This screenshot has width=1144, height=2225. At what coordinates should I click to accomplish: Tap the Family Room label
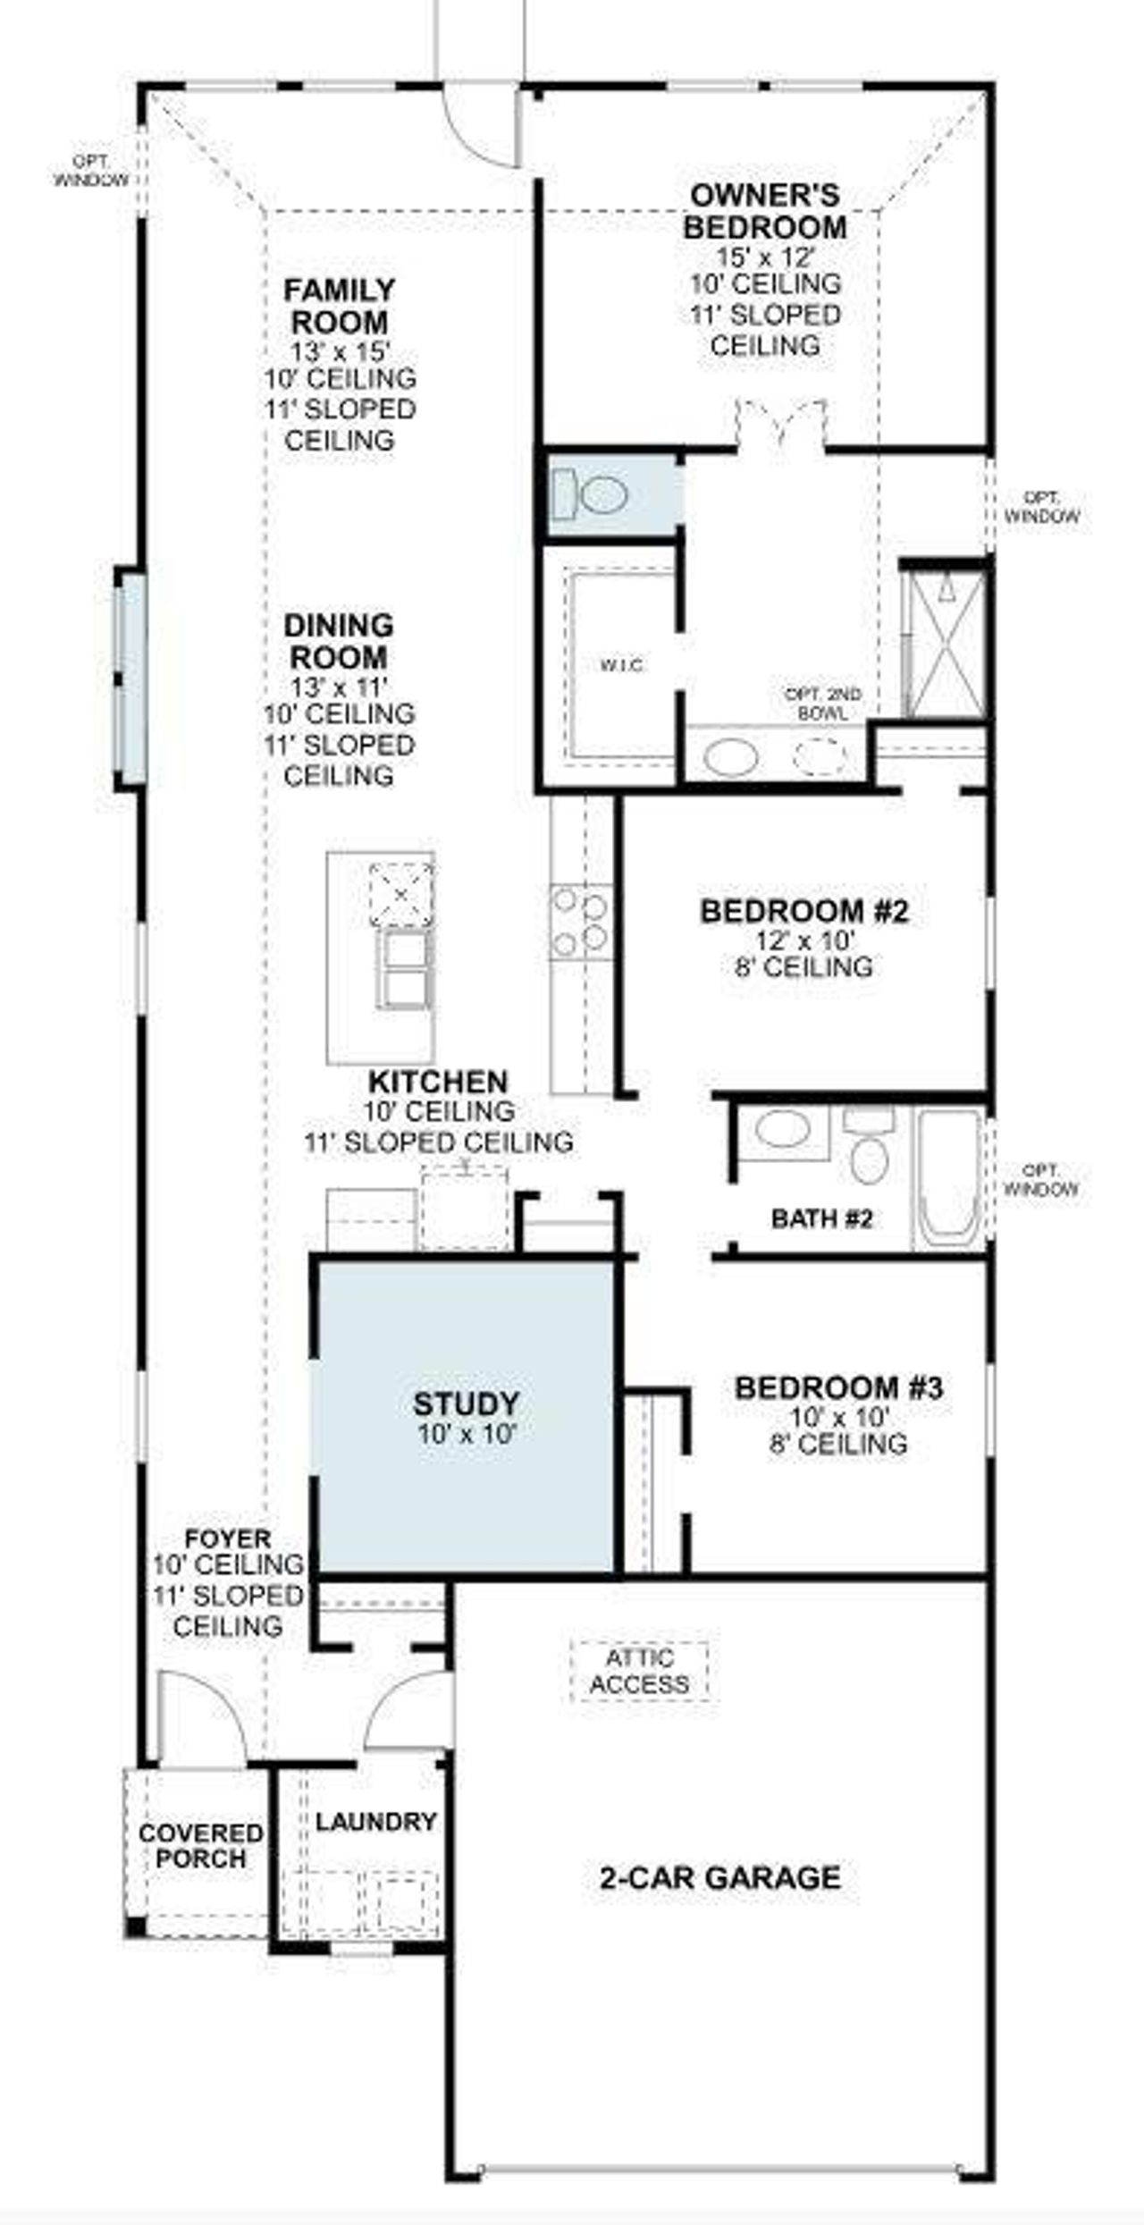pyautogui.click(x=340, y=306)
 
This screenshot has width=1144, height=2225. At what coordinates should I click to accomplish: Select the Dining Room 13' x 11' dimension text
pyautogui.click(x=340, y=687)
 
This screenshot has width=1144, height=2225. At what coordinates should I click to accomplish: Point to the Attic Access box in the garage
pyautogui.click(x=639, y=1671)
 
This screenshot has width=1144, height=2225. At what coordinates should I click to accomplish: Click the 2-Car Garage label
pyautogui.click(x=719, y=1877)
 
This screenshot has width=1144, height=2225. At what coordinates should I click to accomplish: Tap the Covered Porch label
pyautogui.click(x=200, y=1846)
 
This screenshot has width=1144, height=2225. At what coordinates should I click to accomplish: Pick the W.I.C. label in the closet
pyautogui.click(x=622, y=665)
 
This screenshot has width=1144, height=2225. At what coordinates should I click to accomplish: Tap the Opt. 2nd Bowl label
pyautogui.click(x=823, y=704)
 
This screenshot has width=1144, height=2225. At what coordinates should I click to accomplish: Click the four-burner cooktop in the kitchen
pyautogui.click(x=581, y=921)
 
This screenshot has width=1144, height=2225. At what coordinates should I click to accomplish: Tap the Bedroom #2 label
pyautogui.click(x=804, y=912)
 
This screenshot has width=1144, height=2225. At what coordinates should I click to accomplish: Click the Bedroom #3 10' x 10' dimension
pyautogui.click(x=838, y=1417)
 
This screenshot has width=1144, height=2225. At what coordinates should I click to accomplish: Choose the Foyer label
pyautogui.click(x=228, y=1539)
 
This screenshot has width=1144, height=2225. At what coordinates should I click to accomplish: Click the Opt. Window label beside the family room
pyautogui.click(x=91, y=170)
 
